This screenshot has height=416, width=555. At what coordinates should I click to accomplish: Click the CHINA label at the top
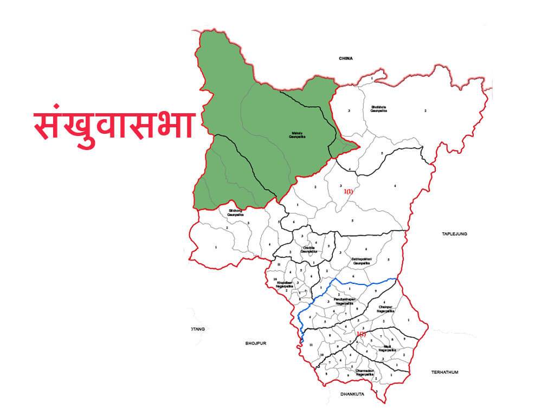345,58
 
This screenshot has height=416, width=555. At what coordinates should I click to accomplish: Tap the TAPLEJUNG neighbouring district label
454,234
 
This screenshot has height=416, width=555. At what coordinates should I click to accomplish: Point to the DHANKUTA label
352,394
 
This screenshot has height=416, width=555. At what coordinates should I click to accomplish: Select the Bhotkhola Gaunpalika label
378,108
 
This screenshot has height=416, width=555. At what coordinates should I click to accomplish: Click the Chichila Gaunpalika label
308,250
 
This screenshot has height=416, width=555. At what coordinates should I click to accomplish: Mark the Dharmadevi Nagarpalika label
364,372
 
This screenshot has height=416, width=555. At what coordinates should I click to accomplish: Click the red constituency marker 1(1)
348,192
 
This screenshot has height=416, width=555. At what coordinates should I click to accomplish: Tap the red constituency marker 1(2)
360,334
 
